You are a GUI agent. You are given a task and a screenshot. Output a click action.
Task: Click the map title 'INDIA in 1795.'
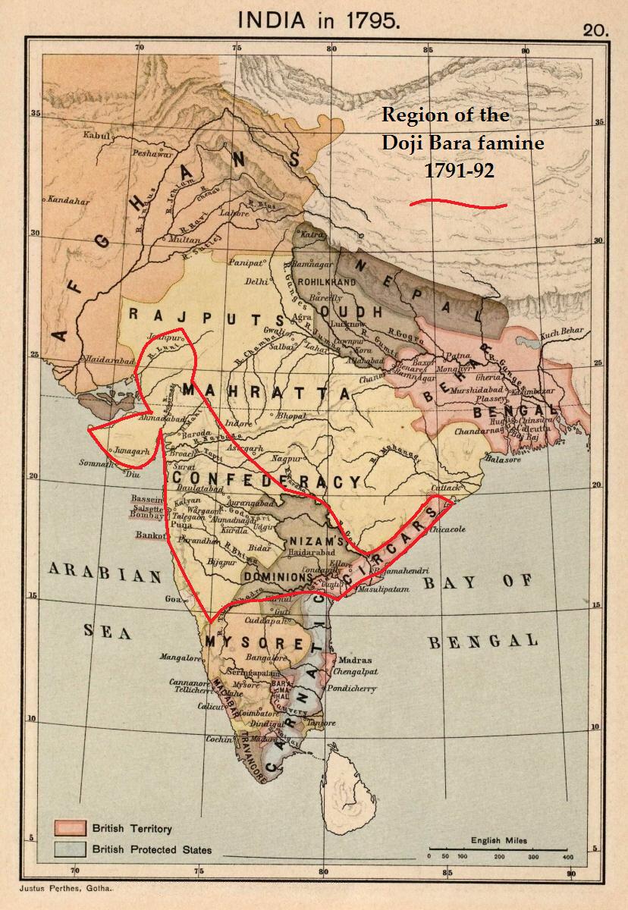[319, 20]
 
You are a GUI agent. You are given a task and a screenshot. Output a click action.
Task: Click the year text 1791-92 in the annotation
[459, 171]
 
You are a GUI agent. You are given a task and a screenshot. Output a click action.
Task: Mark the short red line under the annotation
[458, 203]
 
